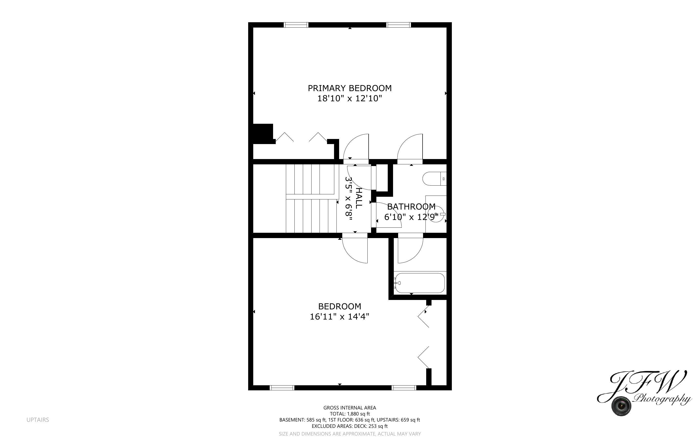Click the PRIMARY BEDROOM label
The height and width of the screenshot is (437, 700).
350,88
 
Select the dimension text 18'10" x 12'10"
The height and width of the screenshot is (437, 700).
350,99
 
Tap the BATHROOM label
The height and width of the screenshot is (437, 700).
411,207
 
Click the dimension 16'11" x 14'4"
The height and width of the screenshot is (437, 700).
339,317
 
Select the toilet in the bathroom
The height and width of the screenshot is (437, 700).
434,179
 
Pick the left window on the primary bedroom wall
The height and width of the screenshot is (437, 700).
296,25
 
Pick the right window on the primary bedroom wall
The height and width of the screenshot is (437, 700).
399,25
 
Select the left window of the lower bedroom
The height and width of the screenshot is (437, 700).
282,388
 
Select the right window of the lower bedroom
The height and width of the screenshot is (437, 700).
404,388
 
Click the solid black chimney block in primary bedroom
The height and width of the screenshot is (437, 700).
263,133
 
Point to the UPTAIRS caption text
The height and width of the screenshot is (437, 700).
37,420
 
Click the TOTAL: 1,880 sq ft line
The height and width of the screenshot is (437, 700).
350,414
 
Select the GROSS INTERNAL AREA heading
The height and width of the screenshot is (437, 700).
350,408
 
